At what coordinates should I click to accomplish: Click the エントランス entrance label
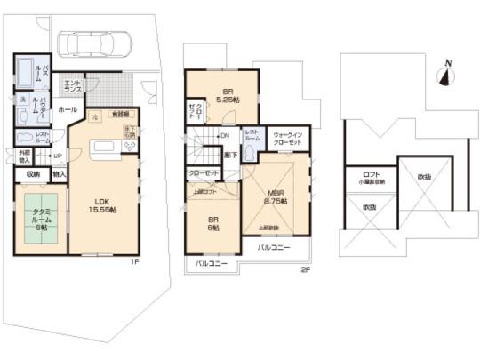tap(72, 86)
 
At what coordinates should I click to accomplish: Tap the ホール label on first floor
tap(67, 108)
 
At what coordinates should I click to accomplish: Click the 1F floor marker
tap(134, 261)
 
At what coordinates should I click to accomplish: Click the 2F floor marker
tap(303, 269)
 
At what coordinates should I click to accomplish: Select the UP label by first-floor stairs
tap(57, 156)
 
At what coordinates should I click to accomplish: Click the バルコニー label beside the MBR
tap(275, 247)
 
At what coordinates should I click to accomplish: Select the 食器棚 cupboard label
tap(118, 115)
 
